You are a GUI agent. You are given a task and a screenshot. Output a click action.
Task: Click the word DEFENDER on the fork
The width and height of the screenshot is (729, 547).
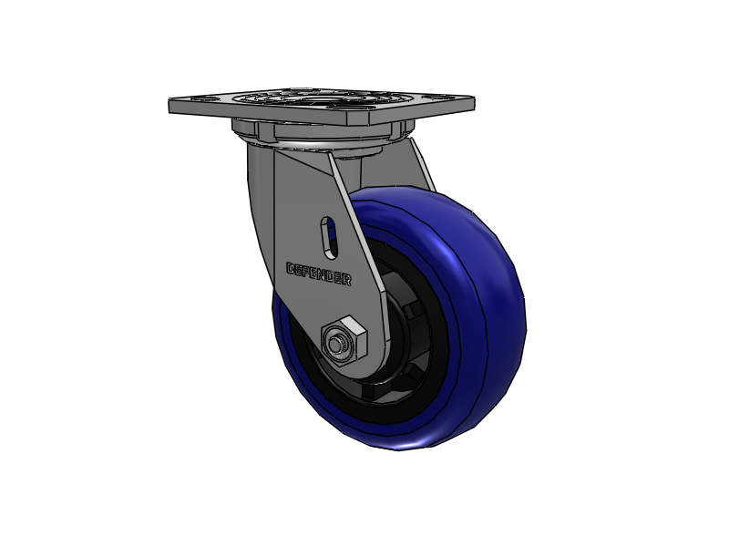pyautogui.click(x=319, y=274)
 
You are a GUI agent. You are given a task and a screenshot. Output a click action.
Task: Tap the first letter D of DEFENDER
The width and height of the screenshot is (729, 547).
pyautogui.click(x=291, y=269)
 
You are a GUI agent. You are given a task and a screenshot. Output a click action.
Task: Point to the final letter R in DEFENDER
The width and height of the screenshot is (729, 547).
pyautogui.click(x=347, y=281)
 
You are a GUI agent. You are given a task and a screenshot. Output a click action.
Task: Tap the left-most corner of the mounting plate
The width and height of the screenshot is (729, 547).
pyautogui.click(x=171, y=106)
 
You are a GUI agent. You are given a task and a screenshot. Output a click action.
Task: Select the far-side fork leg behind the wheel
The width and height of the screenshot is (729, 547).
pyautogui.click(x=421, y=164)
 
